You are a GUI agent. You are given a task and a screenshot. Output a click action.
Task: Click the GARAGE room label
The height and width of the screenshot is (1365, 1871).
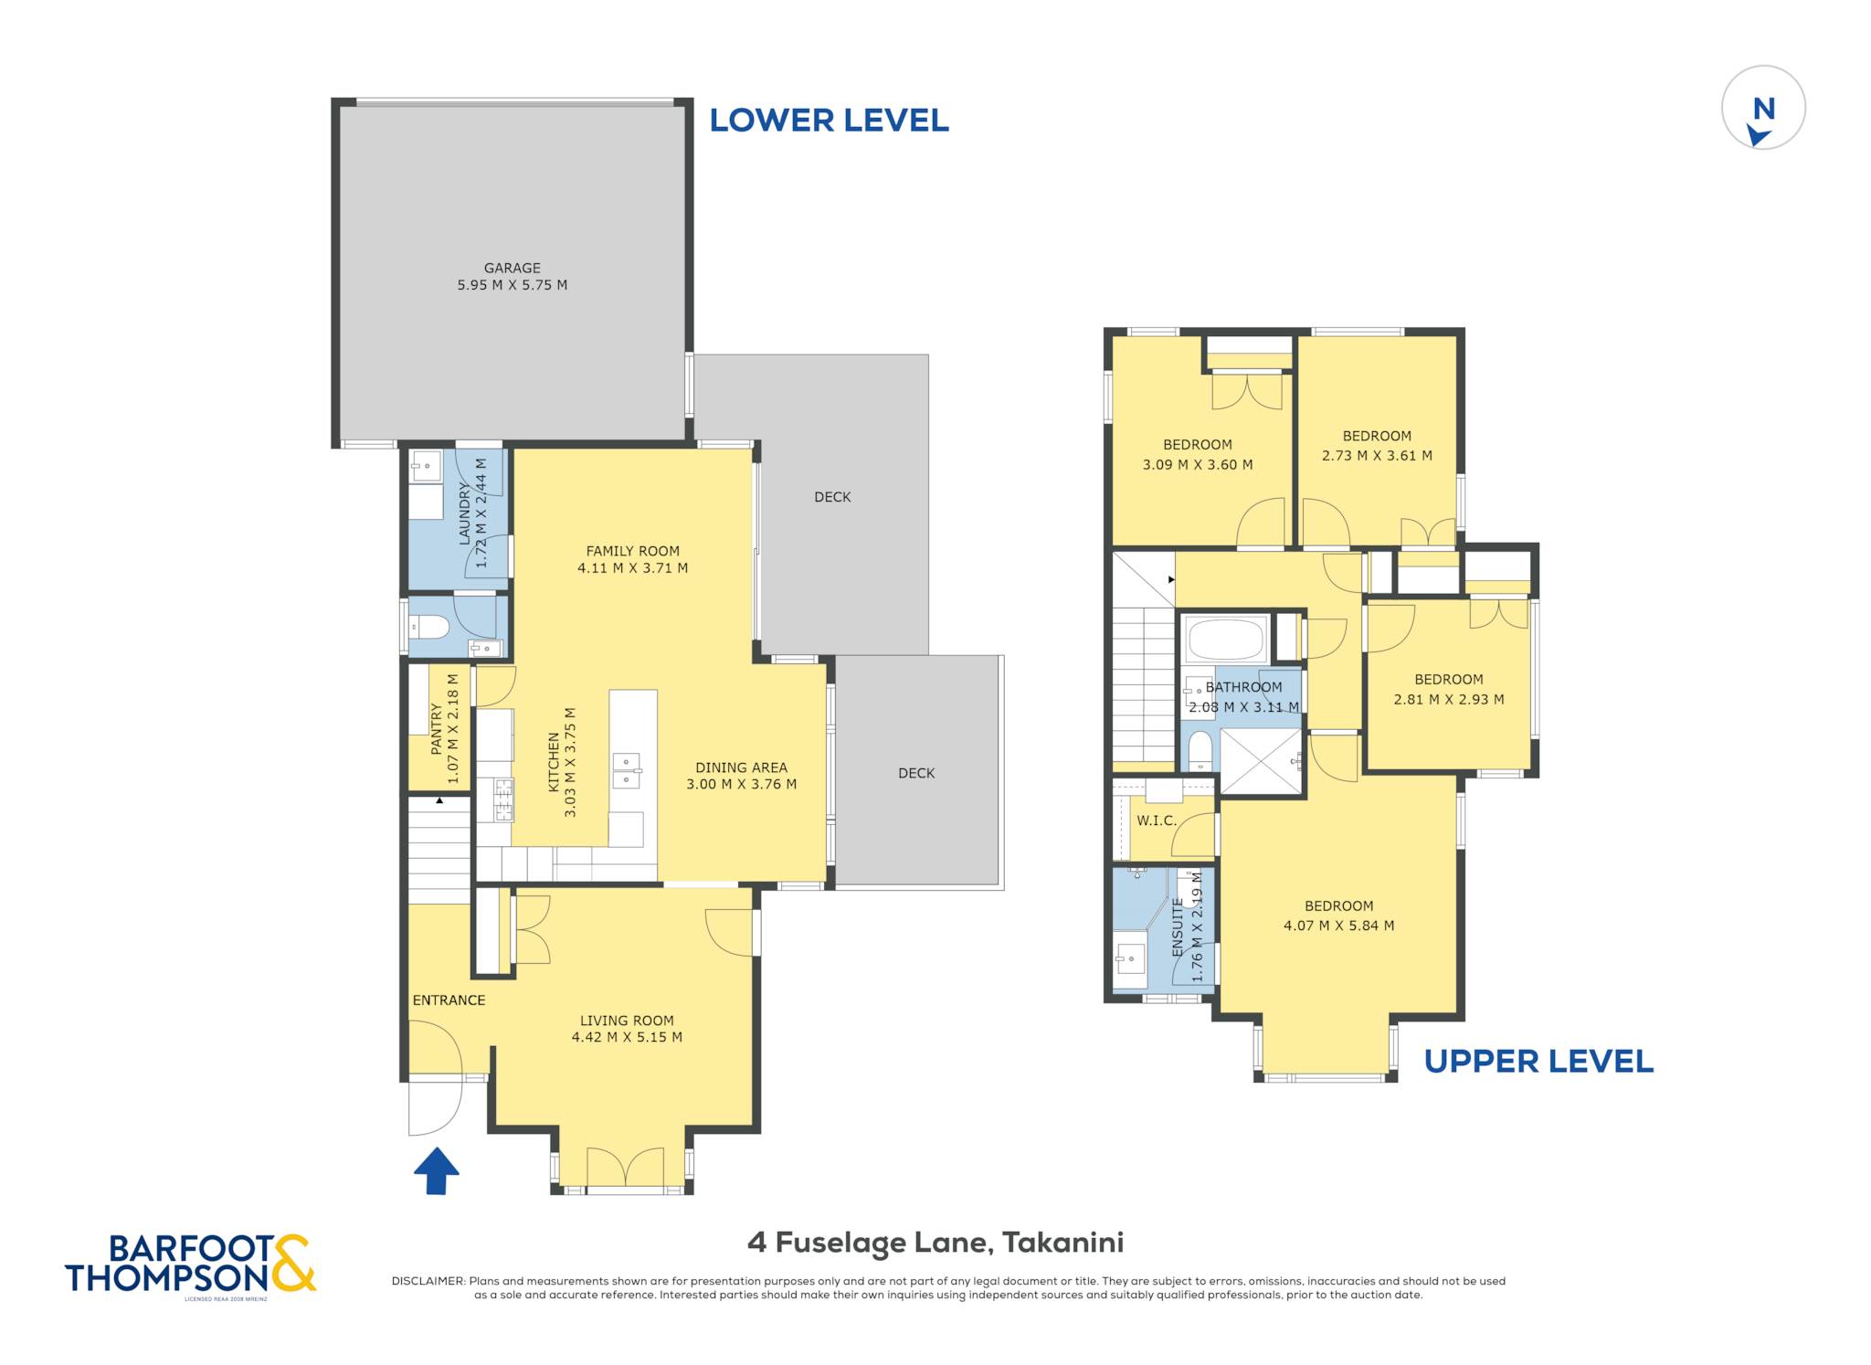(x=512, y=268)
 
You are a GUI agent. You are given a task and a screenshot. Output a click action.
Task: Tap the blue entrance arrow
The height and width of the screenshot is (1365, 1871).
(x=437, y=1170)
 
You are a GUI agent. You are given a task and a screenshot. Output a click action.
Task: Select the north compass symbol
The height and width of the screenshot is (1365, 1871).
(x=1763, y=108)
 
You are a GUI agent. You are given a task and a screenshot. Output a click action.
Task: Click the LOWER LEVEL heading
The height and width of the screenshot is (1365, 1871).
(x=829, y=121)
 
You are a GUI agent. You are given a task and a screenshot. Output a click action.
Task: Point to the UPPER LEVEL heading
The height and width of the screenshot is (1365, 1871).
(x=1538, y=1062)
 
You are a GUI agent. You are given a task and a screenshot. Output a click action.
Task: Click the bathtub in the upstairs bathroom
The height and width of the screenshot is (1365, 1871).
(x=1225, y=639)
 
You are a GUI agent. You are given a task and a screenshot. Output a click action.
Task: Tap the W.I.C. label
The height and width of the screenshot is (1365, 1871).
(x=1157, y=820)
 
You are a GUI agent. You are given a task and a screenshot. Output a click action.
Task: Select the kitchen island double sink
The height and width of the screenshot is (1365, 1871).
(x=627, y=770)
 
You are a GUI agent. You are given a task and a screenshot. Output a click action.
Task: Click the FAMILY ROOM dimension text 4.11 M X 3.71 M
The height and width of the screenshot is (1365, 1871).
(x=632, y=567)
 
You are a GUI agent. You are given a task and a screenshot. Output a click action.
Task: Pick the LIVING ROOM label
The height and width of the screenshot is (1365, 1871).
(x=627, y=1021)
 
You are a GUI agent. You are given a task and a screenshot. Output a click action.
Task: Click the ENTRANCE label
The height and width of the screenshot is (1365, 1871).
(x=449, y=1000)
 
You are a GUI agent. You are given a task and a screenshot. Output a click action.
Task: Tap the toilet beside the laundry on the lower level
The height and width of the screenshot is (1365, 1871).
(x=429, y=628)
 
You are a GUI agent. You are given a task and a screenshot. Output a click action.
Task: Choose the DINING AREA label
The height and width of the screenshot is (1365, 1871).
(x=741, y=767)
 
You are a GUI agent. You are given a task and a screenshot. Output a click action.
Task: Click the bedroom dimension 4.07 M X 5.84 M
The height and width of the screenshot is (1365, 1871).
(x=1338, y=926)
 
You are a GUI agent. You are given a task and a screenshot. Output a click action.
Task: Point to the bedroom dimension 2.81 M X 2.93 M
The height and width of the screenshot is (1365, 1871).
(x=1448, y=700)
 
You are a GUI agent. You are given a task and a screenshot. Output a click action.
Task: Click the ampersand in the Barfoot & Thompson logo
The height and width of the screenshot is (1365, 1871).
(x=293, y=1263)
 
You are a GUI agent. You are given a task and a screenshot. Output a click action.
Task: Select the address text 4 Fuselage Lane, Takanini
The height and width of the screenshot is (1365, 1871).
(x=935, y=1243)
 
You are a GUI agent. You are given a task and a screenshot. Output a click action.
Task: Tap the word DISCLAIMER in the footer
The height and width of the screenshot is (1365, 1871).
(x=428, y=1281)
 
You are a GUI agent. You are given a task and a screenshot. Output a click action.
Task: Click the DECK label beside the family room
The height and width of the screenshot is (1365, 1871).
(x=832, y=497)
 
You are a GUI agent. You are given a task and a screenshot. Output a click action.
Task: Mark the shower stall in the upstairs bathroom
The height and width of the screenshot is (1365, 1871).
(x=1262, y=761)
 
